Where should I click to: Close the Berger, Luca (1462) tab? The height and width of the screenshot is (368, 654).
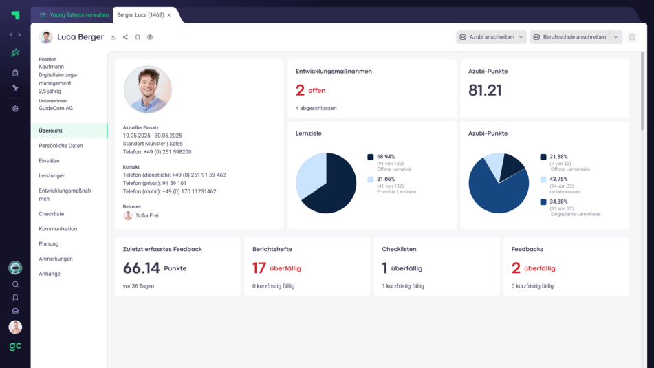click(169, 15)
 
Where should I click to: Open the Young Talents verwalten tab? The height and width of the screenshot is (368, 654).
click(74, 15)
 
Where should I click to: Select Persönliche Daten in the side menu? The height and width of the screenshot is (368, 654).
click(61, 146)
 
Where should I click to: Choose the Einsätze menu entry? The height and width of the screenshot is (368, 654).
click(49, 161)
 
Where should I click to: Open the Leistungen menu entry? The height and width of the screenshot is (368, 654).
click(52, 176)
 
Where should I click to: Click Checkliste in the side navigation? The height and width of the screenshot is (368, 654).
click(51, 214)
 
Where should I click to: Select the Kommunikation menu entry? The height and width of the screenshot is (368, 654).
click(58, 229)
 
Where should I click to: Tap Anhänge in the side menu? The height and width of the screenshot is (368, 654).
click(50, 274)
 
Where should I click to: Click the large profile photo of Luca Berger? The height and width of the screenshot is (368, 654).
click(147, 89)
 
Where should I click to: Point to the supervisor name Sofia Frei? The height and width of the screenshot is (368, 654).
click(147, 215)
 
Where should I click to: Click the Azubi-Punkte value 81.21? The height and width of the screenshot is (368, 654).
click(485, 90)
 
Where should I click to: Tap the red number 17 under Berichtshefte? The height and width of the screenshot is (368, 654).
click(259, 268)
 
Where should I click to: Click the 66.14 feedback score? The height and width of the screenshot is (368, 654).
click(142, 268)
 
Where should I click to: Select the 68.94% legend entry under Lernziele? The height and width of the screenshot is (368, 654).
click(386, 157)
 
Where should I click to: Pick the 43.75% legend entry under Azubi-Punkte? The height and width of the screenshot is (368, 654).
click(558, 180)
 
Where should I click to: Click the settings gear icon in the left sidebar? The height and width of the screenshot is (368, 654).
click(15, 109)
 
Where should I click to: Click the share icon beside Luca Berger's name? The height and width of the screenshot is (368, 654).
click(125, 37)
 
